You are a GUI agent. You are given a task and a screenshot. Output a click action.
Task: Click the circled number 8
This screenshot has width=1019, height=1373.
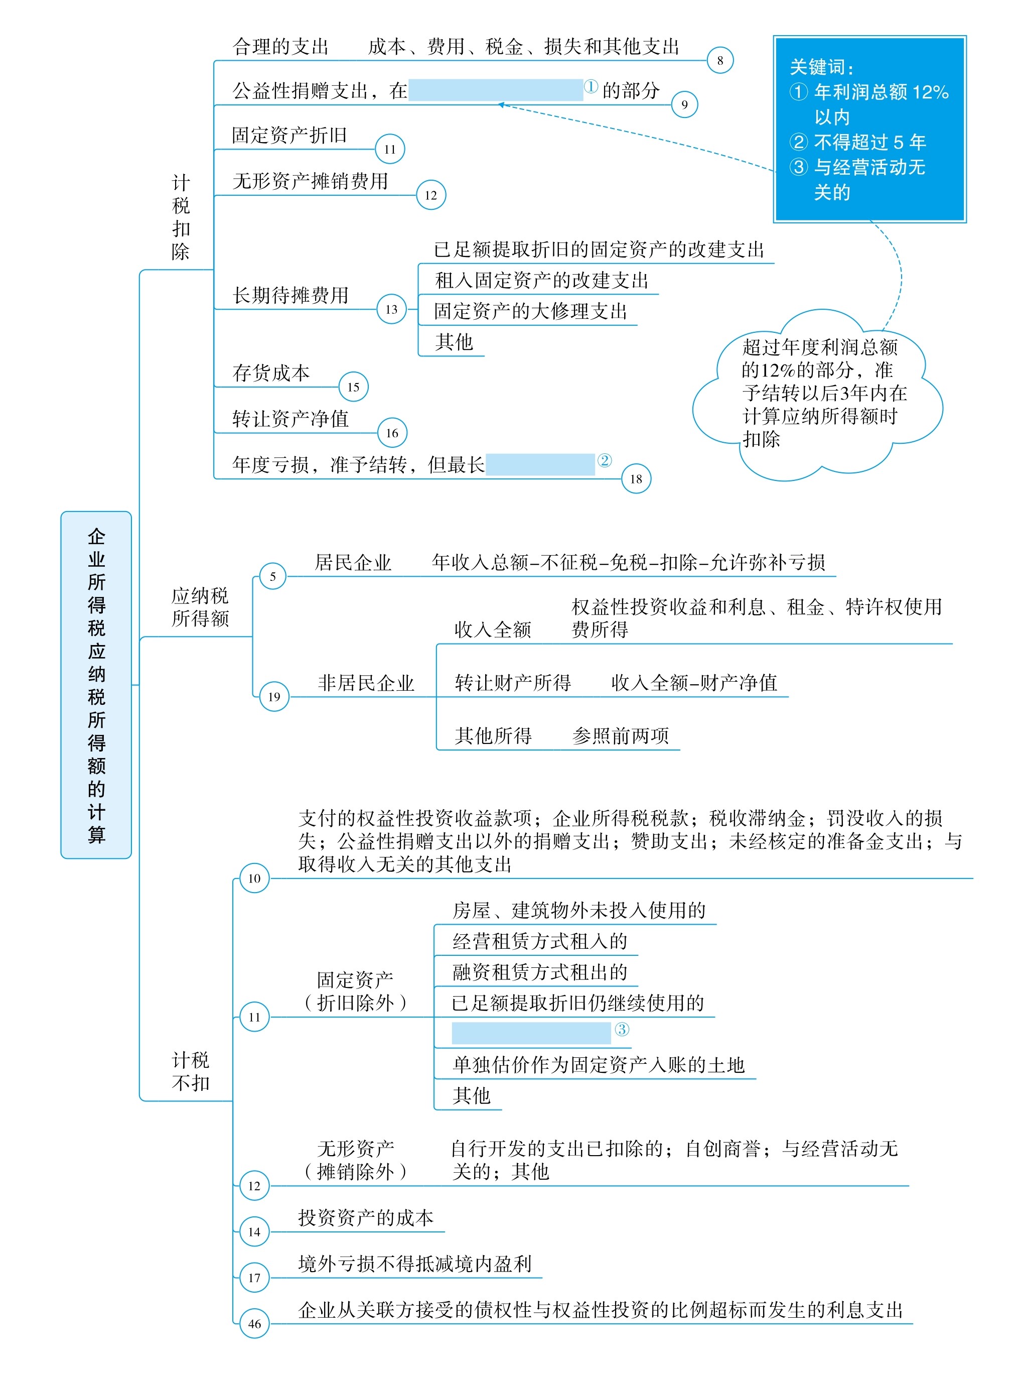point(719,60)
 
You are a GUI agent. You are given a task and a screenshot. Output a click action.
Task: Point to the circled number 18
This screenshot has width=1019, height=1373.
point(636,479)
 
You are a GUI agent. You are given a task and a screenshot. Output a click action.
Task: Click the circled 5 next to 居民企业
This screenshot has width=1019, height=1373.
point(272,576)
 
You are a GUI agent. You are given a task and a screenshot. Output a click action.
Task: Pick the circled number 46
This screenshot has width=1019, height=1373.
point(254,1324)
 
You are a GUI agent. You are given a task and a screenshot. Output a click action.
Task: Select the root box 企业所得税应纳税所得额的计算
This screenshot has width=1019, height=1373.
point(96,685)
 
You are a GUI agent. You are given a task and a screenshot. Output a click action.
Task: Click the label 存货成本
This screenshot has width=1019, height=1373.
point(271,372)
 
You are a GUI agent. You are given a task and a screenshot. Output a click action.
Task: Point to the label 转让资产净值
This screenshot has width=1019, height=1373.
point(290,419)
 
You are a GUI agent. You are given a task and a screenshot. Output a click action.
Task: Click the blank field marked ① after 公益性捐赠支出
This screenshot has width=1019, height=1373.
point(495,89)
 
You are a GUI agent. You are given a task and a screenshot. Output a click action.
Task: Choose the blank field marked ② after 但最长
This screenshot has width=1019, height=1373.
point(540,464)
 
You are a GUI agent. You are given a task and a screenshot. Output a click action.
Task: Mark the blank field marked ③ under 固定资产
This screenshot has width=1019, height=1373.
point(531,1033)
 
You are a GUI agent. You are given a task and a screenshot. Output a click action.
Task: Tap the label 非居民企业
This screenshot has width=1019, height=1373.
point(366,683)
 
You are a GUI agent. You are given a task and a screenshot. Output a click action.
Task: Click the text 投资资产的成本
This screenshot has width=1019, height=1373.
point(366,1217)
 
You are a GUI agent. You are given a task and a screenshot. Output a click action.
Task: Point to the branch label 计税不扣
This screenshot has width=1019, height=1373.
point(191,1071)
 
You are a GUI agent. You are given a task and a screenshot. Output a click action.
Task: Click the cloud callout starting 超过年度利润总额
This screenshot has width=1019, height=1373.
point(818,395)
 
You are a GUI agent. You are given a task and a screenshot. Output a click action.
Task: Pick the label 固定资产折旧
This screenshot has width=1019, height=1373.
point(289,135)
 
